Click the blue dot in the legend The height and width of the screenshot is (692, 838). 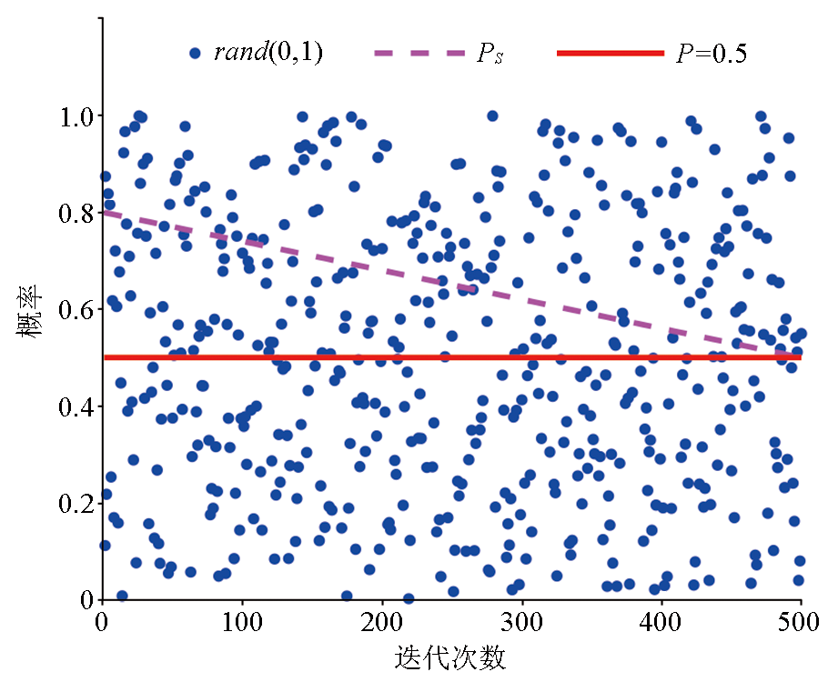[194, 54]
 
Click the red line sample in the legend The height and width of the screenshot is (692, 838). [611, 54]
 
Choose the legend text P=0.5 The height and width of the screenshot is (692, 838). [711, 54]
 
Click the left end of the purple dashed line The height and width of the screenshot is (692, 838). [104, 212]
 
